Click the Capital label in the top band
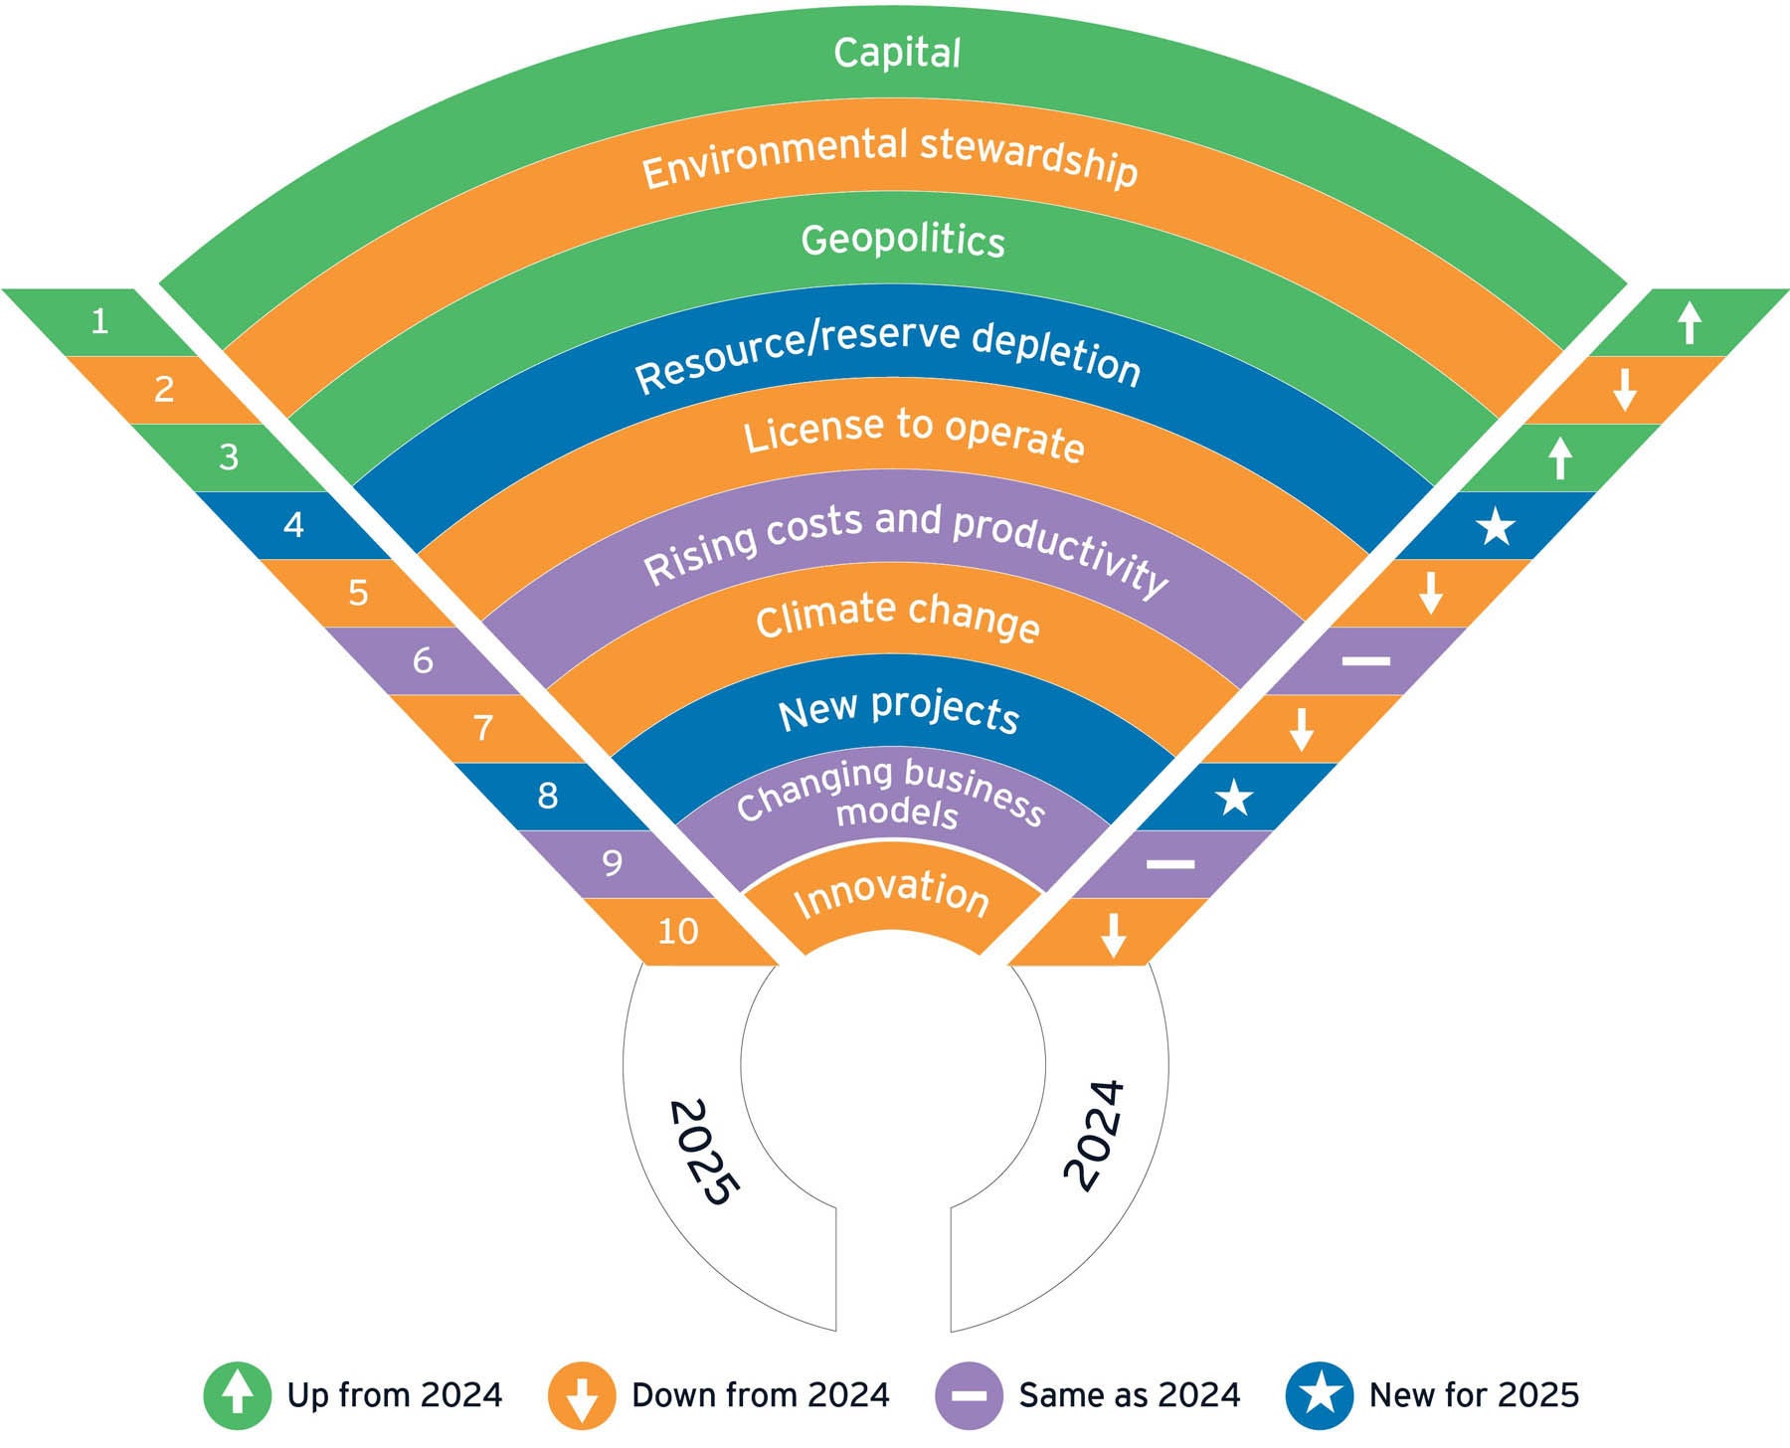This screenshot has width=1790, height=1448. tap(897, 53)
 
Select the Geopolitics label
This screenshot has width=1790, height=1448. tap(903, 240)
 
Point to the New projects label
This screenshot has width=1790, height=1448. tap(899, 710)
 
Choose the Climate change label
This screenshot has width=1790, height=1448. tap(898, 616)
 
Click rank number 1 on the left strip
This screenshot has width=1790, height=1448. tap(99, 321)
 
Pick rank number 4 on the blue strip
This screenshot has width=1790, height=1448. tap(293, 524)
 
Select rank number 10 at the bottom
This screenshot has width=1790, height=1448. tap(678, 932)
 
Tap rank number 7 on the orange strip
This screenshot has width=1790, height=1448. tap(483, 728)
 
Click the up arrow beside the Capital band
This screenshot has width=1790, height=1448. tap(1689, 323)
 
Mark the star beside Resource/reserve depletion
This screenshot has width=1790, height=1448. tap(1495, 526)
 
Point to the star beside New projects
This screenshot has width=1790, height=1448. tap(1234, 798)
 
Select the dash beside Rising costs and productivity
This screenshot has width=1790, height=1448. tap(1365, 661)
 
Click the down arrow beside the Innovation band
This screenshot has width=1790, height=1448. tap(1114, 935)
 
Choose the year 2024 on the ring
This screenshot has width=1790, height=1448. tap(1095, 1135)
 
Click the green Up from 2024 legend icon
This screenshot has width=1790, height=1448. tap(237, 1395)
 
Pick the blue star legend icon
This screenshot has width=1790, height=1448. tap(1319, 1395)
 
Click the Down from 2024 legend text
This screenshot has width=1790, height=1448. tap(760, 1395)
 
